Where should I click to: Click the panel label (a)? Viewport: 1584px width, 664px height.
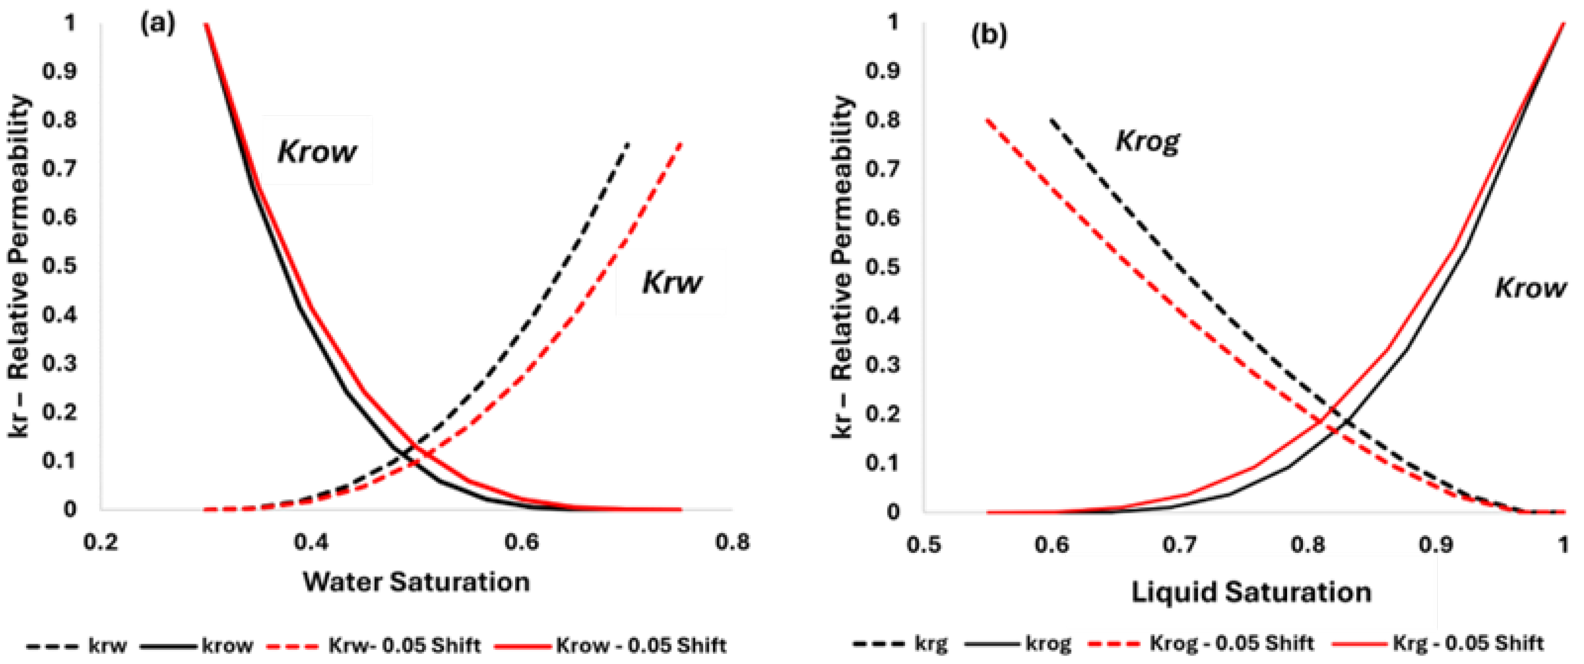coord(158,24)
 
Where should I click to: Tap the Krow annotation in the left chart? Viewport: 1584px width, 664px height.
coord(317,151)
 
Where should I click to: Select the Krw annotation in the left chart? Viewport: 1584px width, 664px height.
coord(672,282)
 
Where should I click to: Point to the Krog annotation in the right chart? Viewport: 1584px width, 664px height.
coord(1148,142)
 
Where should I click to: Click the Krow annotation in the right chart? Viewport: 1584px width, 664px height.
coord(1530,287)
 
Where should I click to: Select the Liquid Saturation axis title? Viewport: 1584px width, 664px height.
coord(1251,592)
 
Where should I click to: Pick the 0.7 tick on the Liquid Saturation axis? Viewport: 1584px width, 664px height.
coord(1179,545)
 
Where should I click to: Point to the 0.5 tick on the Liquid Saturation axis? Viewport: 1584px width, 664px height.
coord(924,545)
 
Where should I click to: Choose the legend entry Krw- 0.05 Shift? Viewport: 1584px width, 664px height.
coord(404,646)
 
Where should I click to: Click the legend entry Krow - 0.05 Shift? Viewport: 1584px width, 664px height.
coord(641,646)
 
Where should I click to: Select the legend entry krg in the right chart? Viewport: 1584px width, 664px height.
coord(931,644)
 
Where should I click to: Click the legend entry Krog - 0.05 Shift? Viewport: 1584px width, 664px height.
coord(1231,644)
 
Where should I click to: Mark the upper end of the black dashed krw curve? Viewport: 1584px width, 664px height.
coord(628,143)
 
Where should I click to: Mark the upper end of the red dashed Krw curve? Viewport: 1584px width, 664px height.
coord(681,143)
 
